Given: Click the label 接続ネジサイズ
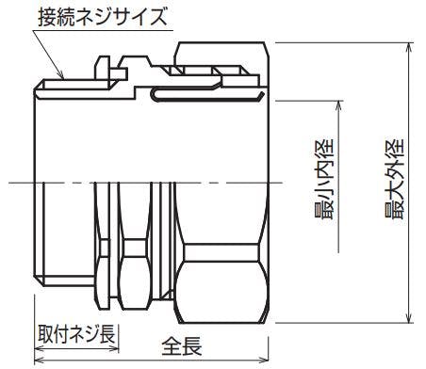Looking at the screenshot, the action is point(103,17).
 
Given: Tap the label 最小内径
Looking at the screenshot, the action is point(323,179).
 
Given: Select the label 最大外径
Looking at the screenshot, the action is point(394,179).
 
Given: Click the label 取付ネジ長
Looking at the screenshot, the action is point(76,334).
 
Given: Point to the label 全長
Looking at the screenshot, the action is point(182,346).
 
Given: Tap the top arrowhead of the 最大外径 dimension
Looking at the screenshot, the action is point(409,47).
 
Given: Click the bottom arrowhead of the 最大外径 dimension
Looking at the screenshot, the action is point(409,318).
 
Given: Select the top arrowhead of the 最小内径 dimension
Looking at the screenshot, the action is point(338,105).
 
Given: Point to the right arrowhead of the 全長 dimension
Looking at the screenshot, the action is point(264,360).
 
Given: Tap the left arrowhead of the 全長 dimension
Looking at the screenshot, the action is point(39,360).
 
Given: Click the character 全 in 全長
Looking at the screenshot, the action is point(172,346).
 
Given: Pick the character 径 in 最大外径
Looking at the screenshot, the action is point(394,148).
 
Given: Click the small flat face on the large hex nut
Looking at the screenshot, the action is point(221,253).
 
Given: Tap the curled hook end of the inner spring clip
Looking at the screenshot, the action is point(260,96).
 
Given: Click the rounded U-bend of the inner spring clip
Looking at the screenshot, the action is point(154,94).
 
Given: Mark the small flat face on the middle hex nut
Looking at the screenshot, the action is point(135,249).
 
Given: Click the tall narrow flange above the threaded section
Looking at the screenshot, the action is point(103,68).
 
